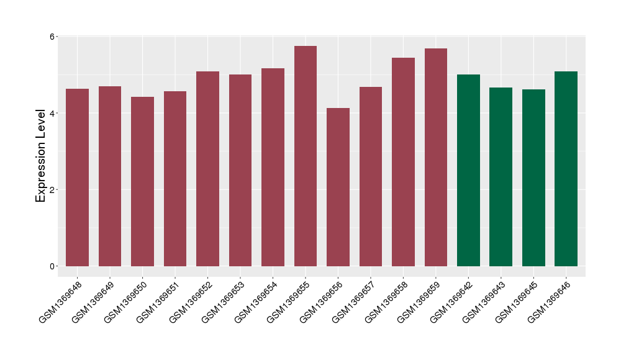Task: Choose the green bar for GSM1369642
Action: click(468, 170)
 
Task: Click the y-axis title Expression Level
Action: click(41, 156)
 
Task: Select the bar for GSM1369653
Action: click(240, 170)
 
